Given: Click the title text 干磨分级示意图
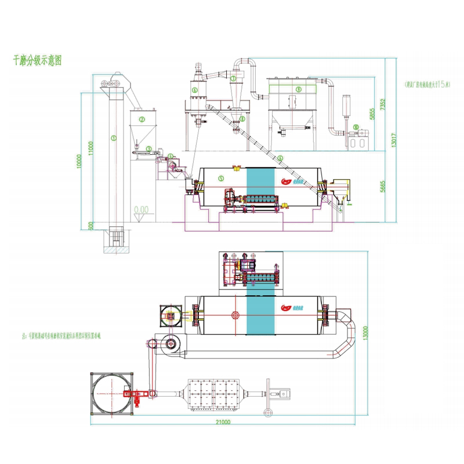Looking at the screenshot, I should tap(37, 60).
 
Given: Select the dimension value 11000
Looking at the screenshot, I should tap(90, 147).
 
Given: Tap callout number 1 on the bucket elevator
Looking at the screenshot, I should tap(114, 138).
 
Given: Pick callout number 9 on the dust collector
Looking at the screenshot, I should tap(298, 89).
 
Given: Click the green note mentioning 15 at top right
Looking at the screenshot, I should tap(429, 84).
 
